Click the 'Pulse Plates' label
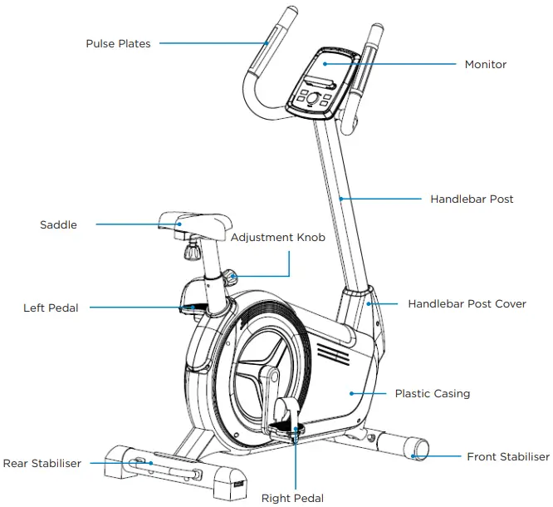click(118, 43)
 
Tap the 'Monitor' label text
click(485, 64)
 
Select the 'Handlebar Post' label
click(472, 199)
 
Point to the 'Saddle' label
click(58, 224)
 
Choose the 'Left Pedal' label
click(51, 308)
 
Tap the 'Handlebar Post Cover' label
click(467, 304)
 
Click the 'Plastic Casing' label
click(432, 393)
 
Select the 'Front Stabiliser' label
click(507, 457)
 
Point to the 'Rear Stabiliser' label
click(42, 463)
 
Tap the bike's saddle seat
click(194, 221)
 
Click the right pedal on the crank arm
click(282, 426)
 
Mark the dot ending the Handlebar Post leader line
click(341, 199)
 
